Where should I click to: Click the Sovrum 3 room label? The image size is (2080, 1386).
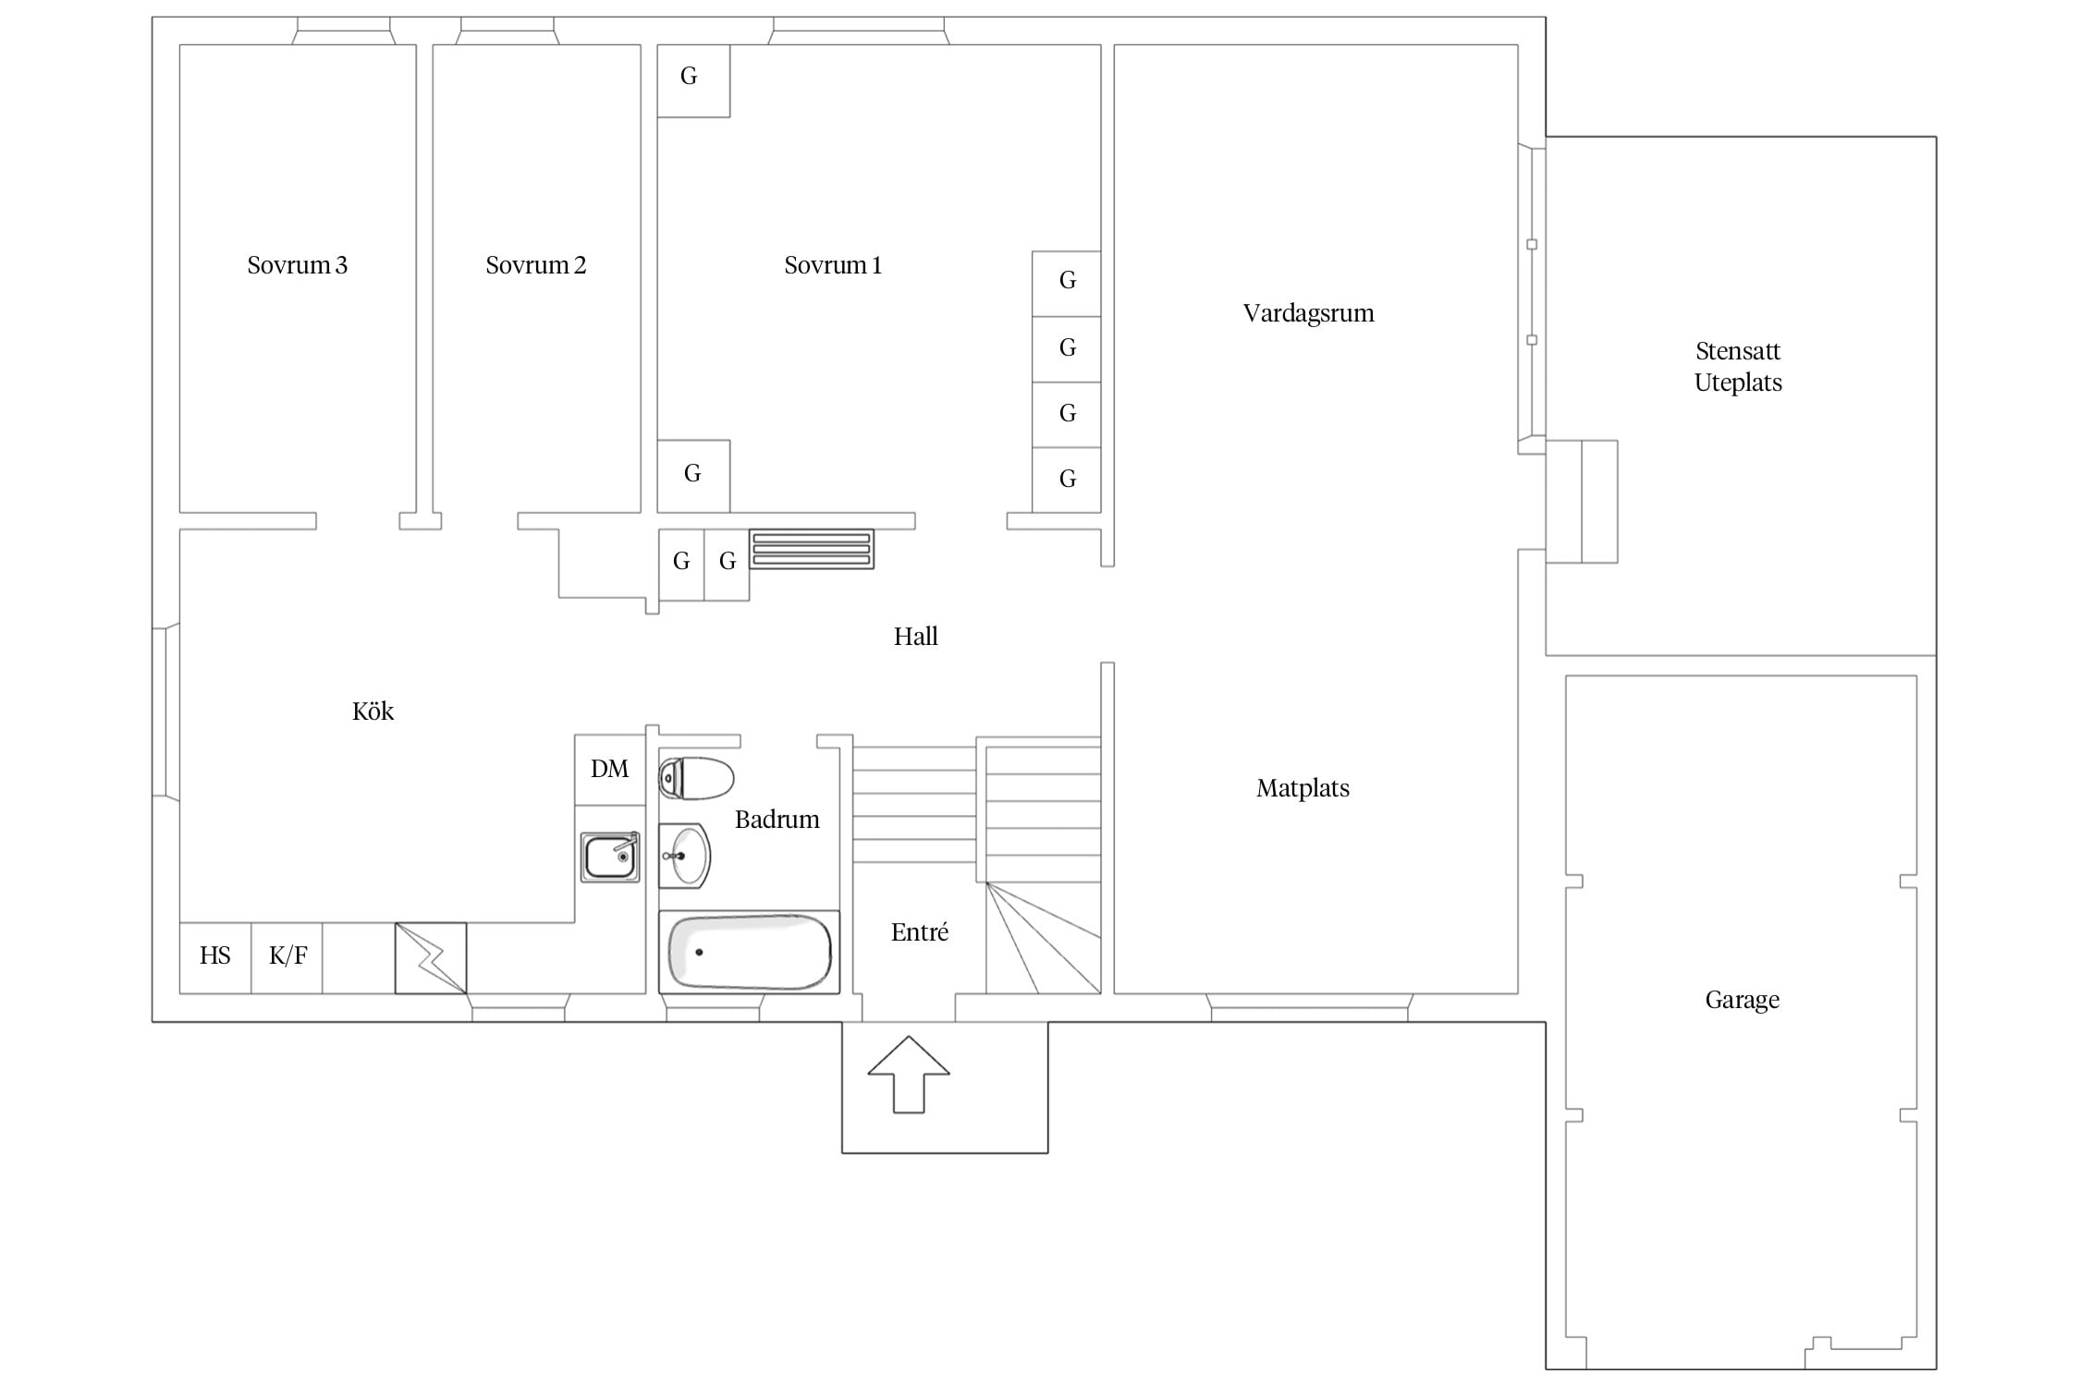tap(297, 265)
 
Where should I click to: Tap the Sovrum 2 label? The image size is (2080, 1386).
tap(535, 265)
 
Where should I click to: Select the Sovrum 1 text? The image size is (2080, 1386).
tap(832, 265)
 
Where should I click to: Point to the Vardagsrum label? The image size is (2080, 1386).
tap(1308, 314)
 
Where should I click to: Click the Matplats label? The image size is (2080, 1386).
tap(1303, 788)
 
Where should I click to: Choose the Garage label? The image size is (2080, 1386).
tap(1742, 1000)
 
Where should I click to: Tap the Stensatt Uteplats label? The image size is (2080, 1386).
tap(1738, 367)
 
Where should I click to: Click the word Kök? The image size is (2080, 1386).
tap(373, 711)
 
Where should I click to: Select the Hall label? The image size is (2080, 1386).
tap(915, 636)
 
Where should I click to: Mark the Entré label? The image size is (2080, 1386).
tap(919, 932)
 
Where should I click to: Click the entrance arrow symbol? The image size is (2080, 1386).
tap(909, 1074)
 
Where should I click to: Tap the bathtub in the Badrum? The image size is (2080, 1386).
tap(750, 953)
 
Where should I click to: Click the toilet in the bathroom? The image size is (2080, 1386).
tap(695, 778)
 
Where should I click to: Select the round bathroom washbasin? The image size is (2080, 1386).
tap(685, 856)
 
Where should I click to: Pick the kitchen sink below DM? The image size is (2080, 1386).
tap(610, 857)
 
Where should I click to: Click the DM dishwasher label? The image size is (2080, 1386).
tap(609, 769)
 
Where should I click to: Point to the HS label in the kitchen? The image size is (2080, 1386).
tap(214, 955)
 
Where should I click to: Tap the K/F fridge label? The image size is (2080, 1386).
tap(288, 955)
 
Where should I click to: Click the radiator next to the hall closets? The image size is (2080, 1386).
tap(812, 549)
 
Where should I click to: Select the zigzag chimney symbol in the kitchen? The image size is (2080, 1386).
tap(431, 958)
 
